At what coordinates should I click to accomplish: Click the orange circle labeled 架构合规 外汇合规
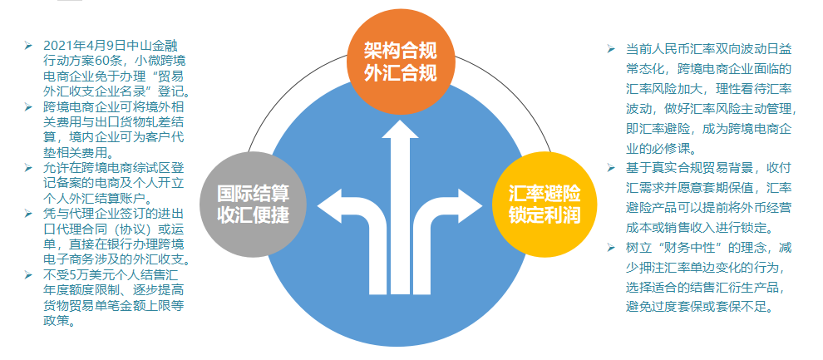[400, 62]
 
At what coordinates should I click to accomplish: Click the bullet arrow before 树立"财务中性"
[610, 247]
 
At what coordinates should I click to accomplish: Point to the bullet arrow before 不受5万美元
[27, 275]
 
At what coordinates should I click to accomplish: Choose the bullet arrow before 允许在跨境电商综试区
[27, 168]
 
